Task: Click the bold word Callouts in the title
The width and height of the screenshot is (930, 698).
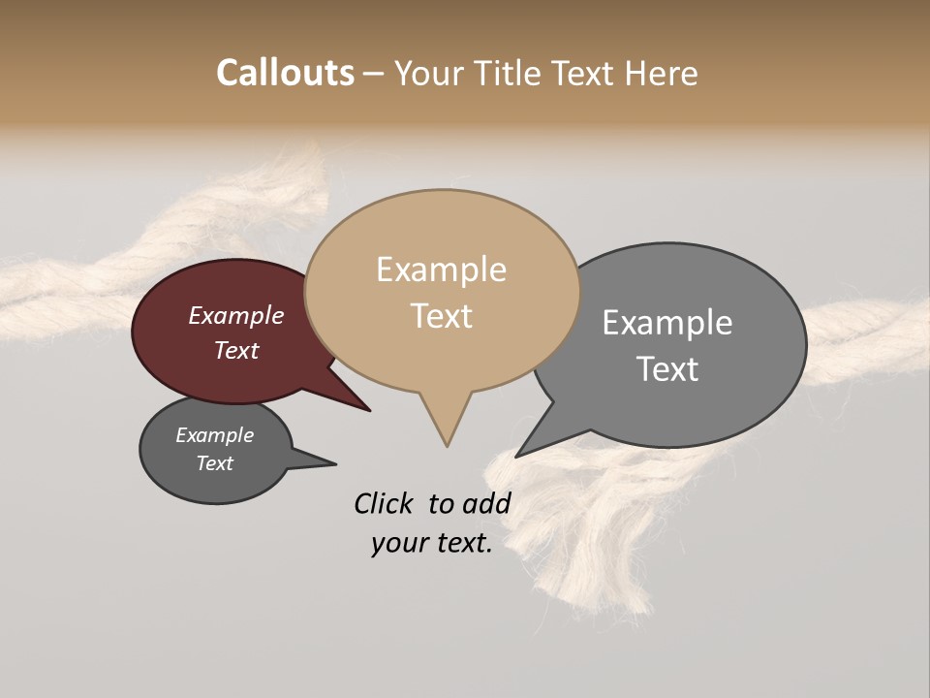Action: [285, 73]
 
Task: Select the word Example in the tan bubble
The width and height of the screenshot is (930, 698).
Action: [441, 270]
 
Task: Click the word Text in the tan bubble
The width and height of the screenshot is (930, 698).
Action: [441, 315]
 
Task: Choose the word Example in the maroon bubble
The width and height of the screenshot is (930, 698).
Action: [236, 315]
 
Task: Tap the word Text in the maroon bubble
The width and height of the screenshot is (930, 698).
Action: [236, 350]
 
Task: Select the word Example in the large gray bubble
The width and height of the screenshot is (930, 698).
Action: [667, 322]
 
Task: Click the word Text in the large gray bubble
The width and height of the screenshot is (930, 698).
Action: [667, 368]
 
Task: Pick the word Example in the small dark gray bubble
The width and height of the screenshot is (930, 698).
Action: [215, 435]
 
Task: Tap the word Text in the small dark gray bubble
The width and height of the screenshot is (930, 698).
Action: [215, 463]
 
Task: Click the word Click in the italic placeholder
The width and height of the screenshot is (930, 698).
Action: [383, 503]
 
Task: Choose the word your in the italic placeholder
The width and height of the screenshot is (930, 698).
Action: [398, 543]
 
